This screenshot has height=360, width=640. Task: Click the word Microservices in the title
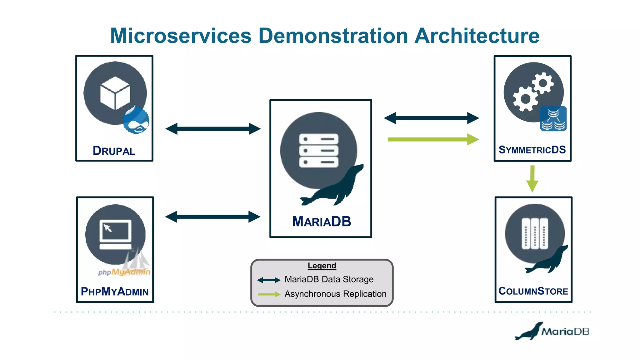click(181, 36)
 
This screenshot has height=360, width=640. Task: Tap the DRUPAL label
click(114, 151)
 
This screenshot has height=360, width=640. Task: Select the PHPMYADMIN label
click(115, 292)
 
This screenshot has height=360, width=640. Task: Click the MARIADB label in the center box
click(321, 222)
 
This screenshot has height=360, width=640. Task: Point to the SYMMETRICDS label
click(532, 150)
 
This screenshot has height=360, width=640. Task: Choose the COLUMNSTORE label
click(533, 291)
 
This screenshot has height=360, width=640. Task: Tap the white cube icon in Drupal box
click(115, 93)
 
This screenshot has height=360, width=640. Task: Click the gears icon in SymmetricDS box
click(533, 92)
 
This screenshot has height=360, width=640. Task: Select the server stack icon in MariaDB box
click(318, 151)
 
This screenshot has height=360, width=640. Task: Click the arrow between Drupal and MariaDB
click(213, 129)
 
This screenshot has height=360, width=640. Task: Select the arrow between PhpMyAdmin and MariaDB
click(212, 217)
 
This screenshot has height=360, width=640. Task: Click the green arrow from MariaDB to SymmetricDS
click(433, 139)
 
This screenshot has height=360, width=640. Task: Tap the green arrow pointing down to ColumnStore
click(532, 179)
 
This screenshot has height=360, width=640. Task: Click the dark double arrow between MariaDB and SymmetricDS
click(431, 118)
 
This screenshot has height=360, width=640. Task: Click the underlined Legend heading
click(322, 266)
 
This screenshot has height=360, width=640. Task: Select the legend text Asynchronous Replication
click(335, 294)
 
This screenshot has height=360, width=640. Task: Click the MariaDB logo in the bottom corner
click(552, 331)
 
